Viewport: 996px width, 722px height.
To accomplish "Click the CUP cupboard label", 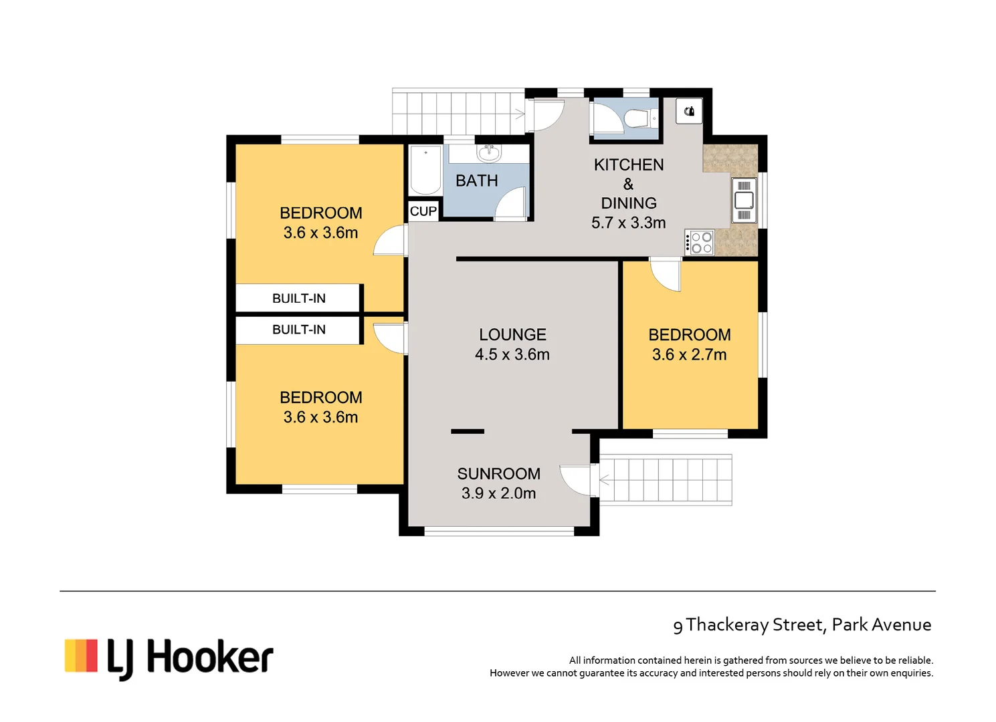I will point(423,211).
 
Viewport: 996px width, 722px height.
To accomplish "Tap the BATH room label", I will point(476,180).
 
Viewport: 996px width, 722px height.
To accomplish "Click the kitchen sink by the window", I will point(744,200).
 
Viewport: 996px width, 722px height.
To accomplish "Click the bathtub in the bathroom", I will point(425,170).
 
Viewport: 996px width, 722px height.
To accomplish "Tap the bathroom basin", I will point(488,153).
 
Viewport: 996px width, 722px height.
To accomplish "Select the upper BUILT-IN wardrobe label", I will point(298,298).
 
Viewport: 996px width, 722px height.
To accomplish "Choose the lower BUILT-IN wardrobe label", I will point(298,330).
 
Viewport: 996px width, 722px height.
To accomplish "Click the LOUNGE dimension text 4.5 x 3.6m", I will point(512,354).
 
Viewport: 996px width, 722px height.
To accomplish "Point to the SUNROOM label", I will point(498,473).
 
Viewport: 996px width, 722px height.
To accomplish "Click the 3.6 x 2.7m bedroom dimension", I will point(689,354).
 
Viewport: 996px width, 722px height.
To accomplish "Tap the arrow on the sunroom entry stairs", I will point(606,480).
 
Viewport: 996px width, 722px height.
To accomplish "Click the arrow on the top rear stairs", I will point(518,114).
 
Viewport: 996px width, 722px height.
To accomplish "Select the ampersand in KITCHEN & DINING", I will point(628,184).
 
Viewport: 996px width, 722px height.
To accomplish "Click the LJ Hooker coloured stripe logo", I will point(81,655).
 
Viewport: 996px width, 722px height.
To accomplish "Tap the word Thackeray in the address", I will point(727,624).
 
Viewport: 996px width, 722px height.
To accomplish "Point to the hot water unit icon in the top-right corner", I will point(689,111).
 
